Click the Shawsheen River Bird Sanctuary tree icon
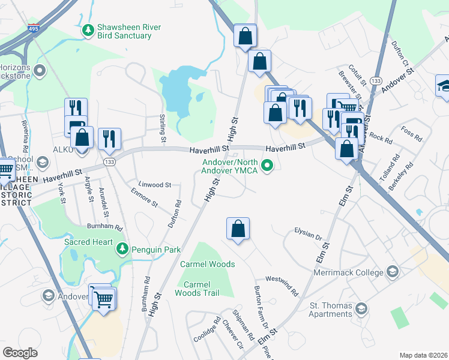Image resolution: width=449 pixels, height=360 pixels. [88, 29]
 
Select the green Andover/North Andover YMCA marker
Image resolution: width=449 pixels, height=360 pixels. [268, 166]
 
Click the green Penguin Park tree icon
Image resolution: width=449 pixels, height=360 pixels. [123, 248]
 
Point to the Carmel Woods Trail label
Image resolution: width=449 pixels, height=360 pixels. [196, 289]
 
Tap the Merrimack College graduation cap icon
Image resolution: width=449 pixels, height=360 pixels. [392, 272]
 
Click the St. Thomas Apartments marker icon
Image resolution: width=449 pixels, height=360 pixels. [361, 309]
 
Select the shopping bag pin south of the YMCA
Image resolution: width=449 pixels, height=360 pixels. [238, 229]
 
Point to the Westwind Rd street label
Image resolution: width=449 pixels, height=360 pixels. [282, 287]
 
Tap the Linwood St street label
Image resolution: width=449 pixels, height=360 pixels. [155, 185]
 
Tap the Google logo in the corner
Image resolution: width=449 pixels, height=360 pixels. [20, 353]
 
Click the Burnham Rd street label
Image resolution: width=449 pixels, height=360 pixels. [106, 228]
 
